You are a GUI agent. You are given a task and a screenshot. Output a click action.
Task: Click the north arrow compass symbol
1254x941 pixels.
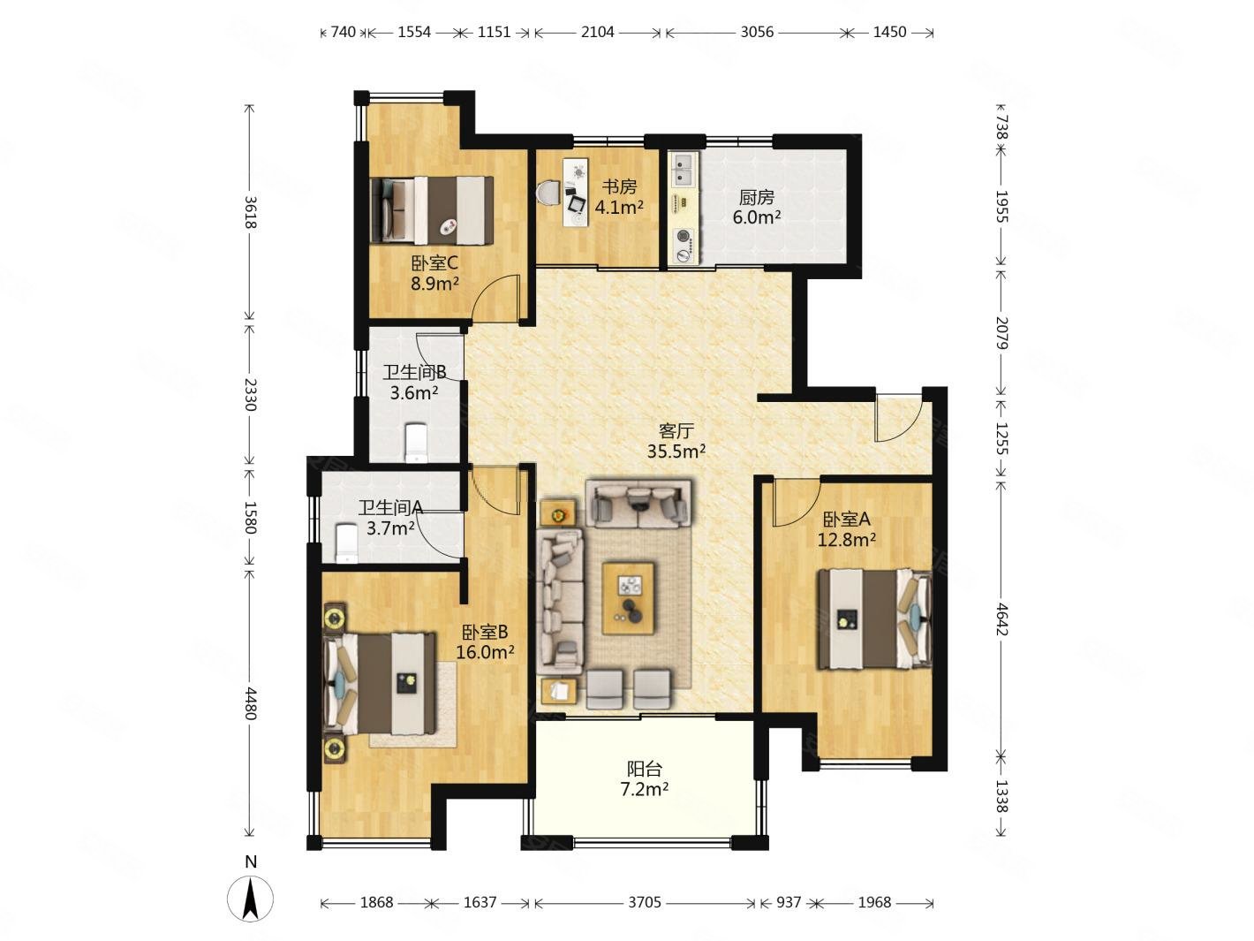point(250,899)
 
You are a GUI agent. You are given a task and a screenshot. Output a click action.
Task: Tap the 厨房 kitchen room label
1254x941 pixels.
point(756,198)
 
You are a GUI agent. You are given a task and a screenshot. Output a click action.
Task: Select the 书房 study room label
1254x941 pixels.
point(619,186)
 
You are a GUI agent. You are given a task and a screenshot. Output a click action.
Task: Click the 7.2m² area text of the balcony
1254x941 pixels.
point(645,789)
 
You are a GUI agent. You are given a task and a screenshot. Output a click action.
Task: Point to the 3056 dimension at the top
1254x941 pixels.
point(757,32)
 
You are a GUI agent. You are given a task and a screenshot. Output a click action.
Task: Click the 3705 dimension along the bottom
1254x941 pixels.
point(645,902)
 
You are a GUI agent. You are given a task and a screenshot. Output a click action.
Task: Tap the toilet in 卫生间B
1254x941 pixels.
point(415,443)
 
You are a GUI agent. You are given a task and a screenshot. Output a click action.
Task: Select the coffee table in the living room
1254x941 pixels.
point(629,598)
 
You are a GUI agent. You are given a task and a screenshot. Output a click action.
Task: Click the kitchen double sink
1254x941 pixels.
point(684,169)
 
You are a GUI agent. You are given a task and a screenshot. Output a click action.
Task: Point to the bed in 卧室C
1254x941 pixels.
point(432,210)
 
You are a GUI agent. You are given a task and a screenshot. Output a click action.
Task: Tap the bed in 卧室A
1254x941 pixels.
point(874,618)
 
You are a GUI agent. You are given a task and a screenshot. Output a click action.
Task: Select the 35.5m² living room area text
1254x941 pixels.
point(676,452)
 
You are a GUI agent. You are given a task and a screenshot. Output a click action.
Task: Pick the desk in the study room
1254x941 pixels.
point(575,193)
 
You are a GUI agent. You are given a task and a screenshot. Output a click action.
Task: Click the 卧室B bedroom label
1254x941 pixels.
point(485,632)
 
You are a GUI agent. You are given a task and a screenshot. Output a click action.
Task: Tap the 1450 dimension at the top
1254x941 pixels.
point(889,32)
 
